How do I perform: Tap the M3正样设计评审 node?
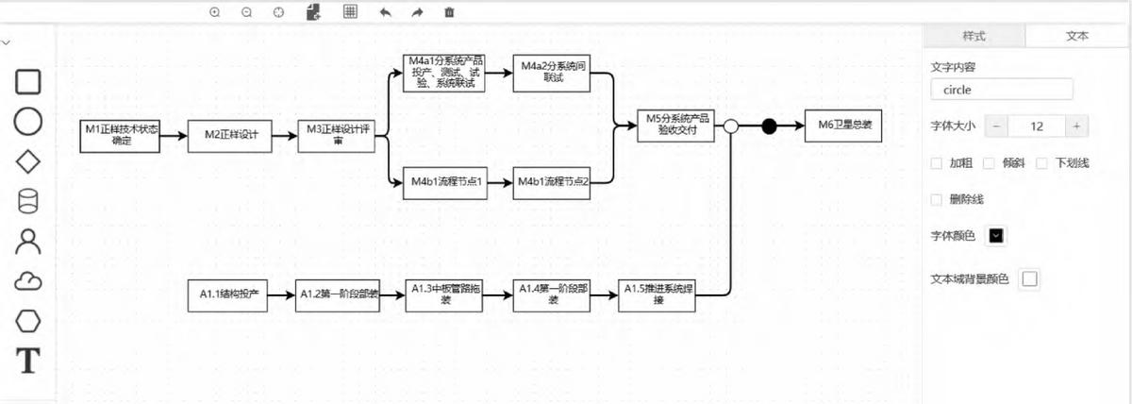tap(336, 135)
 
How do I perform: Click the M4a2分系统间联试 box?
tap(552, 74)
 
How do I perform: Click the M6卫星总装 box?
tap(843, 125)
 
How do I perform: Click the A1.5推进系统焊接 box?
tap(658, 295)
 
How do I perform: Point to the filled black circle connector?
tap(769, 125)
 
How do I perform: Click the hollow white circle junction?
tap(729, 125)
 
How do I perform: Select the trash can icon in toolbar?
tap(449, 12)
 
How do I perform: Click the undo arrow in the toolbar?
tap(385, 12)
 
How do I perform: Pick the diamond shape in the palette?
tap(29, 161)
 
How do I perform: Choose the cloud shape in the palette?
tap(29, 281)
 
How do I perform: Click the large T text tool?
tap(29, 361)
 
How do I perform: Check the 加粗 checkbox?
tap(936, 163)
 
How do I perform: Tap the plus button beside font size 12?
tap(1076, 126)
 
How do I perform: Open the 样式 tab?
tap(974, 36)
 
